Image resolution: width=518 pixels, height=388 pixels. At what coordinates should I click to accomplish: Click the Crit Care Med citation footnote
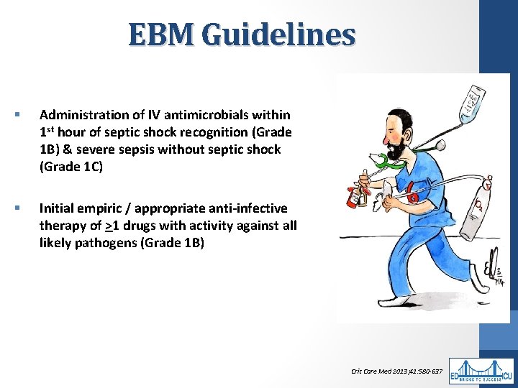coord(396,371)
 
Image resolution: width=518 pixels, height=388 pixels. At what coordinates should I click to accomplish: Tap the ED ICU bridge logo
coord(481,371)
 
